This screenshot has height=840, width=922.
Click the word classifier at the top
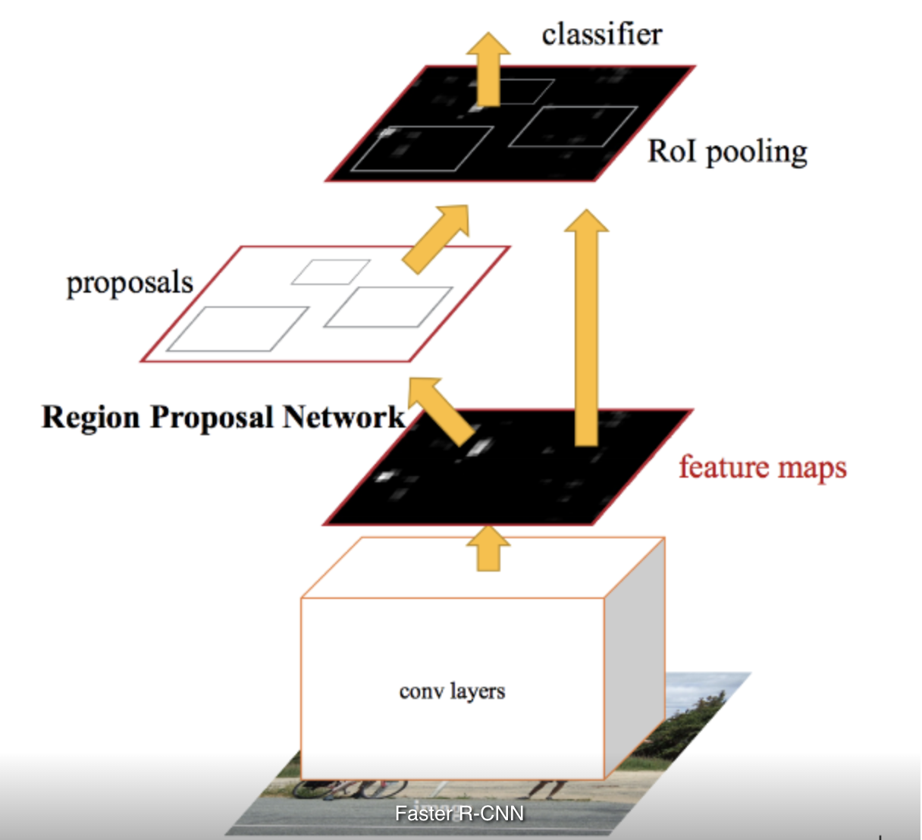(x=601, y=35)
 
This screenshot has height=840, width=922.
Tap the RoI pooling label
(x=726, y=152)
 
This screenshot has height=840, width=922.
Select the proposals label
(x=130, y=283)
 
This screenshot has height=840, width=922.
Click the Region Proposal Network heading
(x=223, y=417)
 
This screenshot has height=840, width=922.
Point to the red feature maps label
(x=762, y=467)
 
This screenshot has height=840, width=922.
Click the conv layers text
(x=452, y=691)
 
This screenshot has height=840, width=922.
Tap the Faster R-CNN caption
(x=459, y=813)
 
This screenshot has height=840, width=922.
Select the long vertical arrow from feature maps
(x=586, y=326)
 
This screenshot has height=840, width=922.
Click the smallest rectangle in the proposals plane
(x=331, y=272)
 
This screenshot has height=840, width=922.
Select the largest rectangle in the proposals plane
(x=237, y=329)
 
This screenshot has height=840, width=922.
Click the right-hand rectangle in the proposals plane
(x=388, y=307)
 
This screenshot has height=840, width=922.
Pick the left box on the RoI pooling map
(x=423, y=149)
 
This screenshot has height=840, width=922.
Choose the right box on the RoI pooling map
(x=573, y=127)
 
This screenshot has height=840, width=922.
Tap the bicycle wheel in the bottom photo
(x=318, y=788)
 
